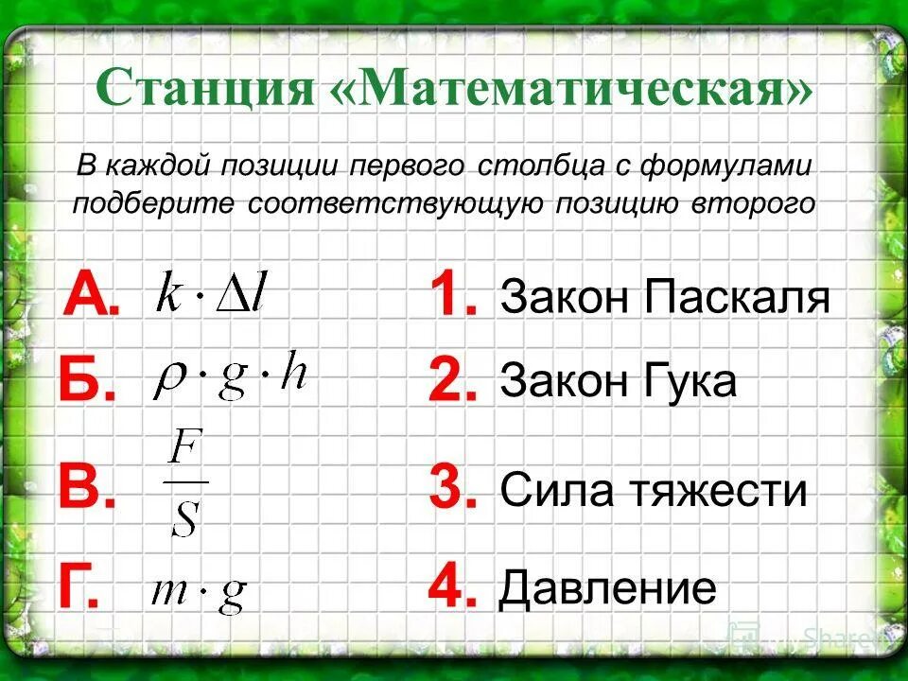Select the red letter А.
tap(88, 295)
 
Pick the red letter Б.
tap(85, 380)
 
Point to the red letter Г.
tap(78, 587)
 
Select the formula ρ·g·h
tap(231, 378)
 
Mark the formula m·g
tap(199, 593)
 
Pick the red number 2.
tap(452, 381)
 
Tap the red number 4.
tap(452, 587)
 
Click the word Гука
tap(690, 383)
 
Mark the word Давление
tap(607, 589)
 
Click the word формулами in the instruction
tap(735, 166)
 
